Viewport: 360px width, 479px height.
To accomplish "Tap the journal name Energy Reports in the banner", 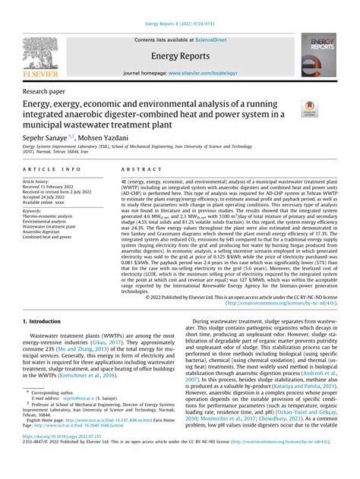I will coord(179,55).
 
